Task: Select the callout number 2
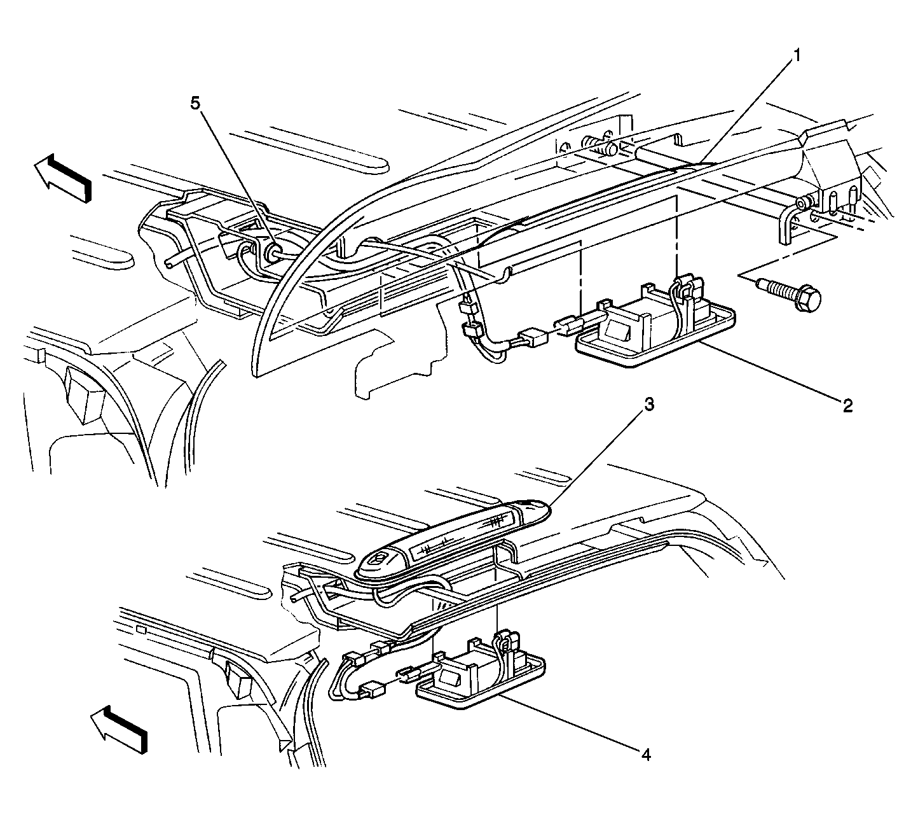pyautogui.click(x=847, y=405)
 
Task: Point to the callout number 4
pyautogui.click(x=646, y=755)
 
